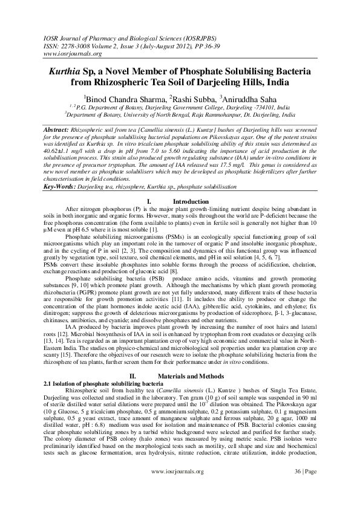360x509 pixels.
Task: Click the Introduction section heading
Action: pos(191,201)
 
